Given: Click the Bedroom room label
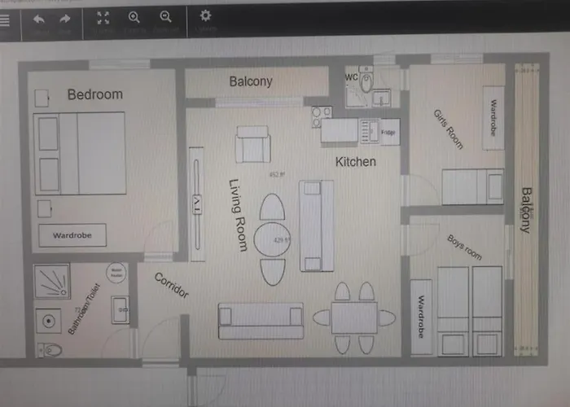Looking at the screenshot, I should click(x=94, y=94).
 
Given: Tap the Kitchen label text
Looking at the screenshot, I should click(x=356, y=162).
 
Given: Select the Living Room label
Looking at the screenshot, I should click(x=237, y=215).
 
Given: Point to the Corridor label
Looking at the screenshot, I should click(x=171, y=285).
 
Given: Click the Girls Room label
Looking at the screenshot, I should click(x=449, y=128).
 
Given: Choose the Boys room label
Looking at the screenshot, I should click(x=464, y=247).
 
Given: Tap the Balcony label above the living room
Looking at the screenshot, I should click(x=250, y=81).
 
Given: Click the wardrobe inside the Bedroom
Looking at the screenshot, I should click(x=72, y=235).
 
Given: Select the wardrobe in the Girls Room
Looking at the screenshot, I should click(x=493, y=119).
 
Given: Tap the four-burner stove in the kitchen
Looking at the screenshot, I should click(x=322, y=116).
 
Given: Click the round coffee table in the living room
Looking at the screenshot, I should click(x=274, y=240).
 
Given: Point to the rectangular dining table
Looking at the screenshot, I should click(x=354, y=317).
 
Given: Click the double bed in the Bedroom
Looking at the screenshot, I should click(x=81, y=153).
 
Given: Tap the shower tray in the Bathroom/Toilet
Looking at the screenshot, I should click(x=51, y=282).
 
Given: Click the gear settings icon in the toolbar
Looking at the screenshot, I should click(x=205, y=15).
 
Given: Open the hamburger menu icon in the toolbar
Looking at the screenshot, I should click(x=5, y=20).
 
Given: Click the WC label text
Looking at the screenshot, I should click(x=352, y=77).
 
